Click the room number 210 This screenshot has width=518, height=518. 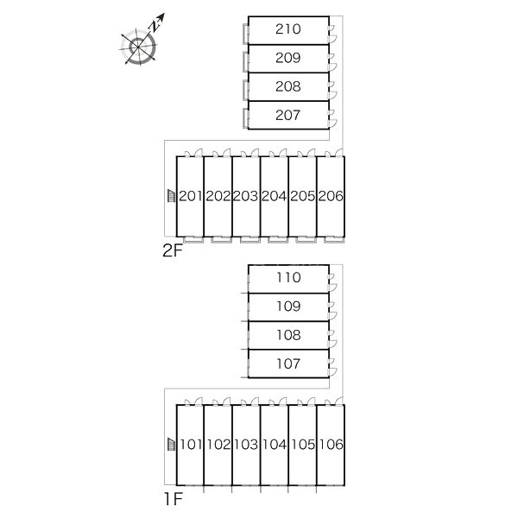click(x=288, y=29)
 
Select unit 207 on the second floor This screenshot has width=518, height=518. click(x=288, y=115)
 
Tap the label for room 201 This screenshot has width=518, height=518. click(x=190, y=197)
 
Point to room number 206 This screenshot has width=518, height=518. click(x=331, y=197)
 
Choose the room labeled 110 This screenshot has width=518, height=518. click(x=288, y=278)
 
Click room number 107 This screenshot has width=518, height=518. click(x=288, y=364)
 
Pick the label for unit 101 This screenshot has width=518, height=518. click(x=190, y=445)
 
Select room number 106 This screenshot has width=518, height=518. click(x=331, y=445)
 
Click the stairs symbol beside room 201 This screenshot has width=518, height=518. click(x=171, y=196)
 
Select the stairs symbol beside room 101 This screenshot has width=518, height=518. click(x=171, y=445)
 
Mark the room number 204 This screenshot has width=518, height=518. click(x=275, y=197)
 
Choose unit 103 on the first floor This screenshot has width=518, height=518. click(x=246, y=445)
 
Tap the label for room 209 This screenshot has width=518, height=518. click(x=288, y=58)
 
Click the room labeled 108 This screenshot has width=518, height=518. click(x=288, y=335)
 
